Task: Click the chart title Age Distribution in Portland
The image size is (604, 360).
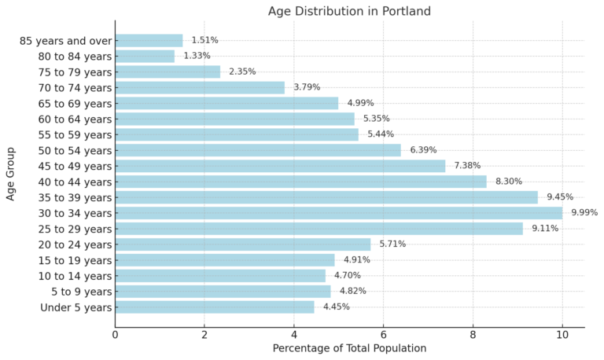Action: click(349, 11)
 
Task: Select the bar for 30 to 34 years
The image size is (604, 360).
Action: click(338, 213)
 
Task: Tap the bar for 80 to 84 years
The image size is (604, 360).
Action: click(145, 56)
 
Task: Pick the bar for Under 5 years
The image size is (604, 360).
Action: click(215, 307)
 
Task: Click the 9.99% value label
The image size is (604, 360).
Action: click(584, 213)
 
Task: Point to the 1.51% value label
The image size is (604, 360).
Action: click(204, 40)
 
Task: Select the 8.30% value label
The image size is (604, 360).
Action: click(509, 182)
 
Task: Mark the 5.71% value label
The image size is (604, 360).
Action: click(392, 244)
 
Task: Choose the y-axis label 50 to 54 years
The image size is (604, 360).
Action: click(75, 150)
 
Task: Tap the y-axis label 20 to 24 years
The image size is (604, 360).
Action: click(75, 244)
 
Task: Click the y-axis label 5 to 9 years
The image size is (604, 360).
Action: click(81, 292)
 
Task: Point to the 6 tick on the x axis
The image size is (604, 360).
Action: click(383, 334)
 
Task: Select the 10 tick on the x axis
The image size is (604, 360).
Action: click(562, 334)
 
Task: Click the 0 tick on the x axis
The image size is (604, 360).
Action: click(116, 334)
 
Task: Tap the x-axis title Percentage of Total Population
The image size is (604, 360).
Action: click(349, 348)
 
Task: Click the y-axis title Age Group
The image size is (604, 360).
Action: click(11, 174)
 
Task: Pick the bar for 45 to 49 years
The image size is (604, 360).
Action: click(280, 166)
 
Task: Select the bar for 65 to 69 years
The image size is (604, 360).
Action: click(226, 103)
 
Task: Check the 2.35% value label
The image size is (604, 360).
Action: click(242, 72)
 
